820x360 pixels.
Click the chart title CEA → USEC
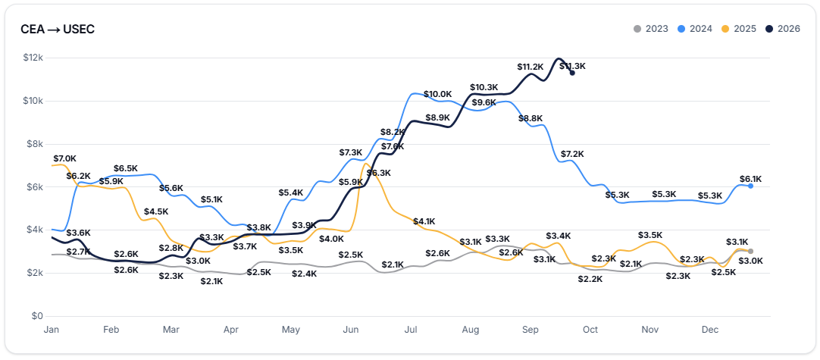[x=58, y=30]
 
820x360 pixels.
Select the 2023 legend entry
[x=650, y=29]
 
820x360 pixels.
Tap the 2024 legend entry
[x=694, y=29]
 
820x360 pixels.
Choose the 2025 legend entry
[x=738, y=29]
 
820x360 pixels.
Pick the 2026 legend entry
[x=782, y=29]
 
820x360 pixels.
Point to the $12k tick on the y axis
[x=33, y=58]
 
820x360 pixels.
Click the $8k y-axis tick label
[x=35, y=144]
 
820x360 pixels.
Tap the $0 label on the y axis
[x=38, y=316]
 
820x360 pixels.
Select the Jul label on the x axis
[x=411, y=330]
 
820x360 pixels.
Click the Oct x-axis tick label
[x=590, y=330]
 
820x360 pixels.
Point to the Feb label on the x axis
[x=111, y=330]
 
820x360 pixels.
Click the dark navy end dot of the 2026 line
[x=573, y=73]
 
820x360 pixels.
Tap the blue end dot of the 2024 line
[x=750, y=186]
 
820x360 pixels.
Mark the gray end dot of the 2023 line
[x=750, y=251]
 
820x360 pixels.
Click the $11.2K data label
[x=530, y=67]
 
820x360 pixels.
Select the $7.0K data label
[x=65, y=158]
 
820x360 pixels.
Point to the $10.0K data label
[x=437, y=94]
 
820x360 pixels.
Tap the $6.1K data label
[x=750, y=179]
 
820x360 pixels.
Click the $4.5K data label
[x=156, y=211]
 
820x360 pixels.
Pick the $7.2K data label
[x=573, y=154]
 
